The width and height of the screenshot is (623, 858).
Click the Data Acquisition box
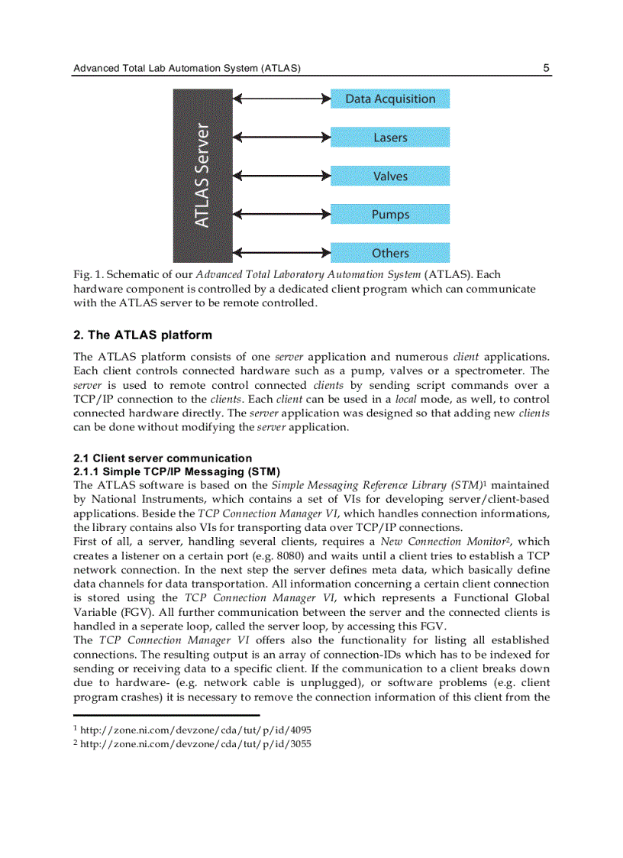pyautogui.click(x=389, y=99)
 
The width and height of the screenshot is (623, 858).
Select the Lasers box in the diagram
pyautogui.click(x=389, y=138)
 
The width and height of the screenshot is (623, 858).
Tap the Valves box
pyautogui.click(x=389, y=176)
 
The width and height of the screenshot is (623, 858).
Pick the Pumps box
pyautogui.click(x=389, y=215)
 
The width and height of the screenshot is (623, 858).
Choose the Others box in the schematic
pyautogui.click(x=389, y=253)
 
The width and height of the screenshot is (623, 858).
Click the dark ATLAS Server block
pyautogui.click(x=202, y=176)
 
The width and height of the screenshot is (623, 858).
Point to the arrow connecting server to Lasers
pyautogui.click(x=281, y=138)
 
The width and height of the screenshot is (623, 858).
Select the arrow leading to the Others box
pyautogui.click(x=281, y=252)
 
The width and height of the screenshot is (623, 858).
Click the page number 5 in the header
pyautogui.click(x=546, y=68)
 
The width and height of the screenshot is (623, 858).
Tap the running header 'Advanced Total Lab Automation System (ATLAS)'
pyautogui.click(x=186, y=68)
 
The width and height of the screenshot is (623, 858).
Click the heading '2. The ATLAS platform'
pyautogui.click(x=143, y=335)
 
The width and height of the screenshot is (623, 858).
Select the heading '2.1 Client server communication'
pyautogui.click(x=163, y=458)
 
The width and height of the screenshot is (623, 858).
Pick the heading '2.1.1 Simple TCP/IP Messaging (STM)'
pyautogui.click(x=176, y=471)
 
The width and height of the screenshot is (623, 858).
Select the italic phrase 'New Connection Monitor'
pyautogui.click(x=445, y=542)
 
